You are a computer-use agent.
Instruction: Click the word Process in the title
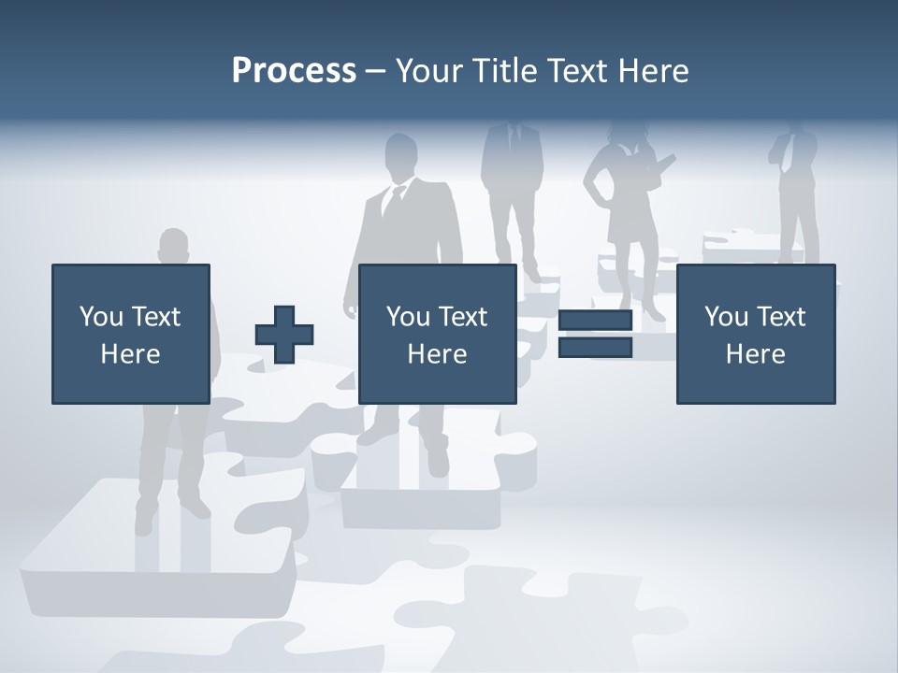point(294,71)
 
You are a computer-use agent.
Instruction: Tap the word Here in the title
point(654,71)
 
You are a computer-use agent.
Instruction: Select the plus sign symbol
point(284,335)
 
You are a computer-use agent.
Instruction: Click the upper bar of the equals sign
point(595,321)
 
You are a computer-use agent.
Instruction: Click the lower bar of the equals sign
point(595,348)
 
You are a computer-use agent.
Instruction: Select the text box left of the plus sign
point(131,334)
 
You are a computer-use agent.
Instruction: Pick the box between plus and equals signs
point(438,334)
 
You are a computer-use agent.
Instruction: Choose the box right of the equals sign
point(756,334)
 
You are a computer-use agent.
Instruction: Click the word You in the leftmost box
point(100,317)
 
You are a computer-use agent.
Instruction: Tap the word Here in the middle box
point(438,354)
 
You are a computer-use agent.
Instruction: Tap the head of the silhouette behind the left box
point(173,246)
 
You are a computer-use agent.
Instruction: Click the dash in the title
point(376,72)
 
